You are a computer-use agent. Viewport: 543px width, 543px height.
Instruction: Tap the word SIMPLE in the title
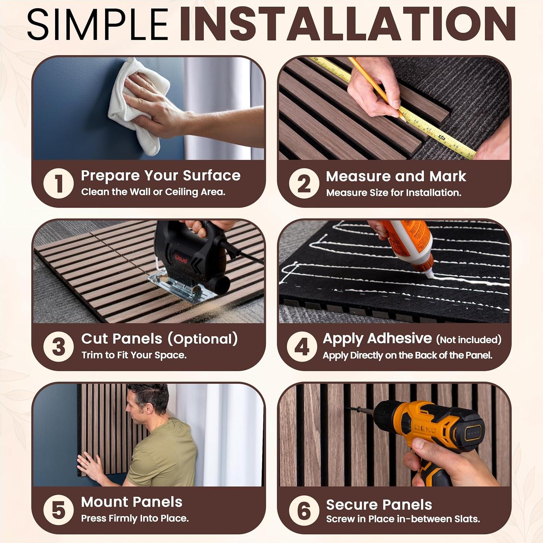point(98,24)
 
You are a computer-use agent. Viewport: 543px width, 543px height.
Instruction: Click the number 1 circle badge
point(58,183)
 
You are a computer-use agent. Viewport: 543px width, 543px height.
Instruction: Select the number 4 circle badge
point(302,346)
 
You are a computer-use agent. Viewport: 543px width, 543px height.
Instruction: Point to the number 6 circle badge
point(304,510)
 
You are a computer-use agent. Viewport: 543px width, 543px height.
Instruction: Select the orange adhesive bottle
point(409,246)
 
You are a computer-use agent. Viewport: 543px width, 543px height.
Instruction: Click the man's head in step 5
point(148,402)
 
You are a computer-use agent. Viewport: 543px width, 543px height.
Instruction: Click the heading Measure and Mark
point(396,176)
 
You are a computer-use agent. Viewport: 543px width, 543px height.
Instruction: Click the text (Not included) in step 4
point(469,340)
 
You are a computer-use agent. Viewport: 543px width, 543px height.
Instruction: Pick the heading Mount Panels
point(131,502)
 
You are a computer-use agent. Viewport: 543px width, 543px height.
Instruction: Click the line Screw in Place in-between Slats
point(403,519)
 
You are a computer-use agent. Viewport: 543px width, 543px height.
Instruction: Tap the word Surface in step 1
point(212,176)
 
